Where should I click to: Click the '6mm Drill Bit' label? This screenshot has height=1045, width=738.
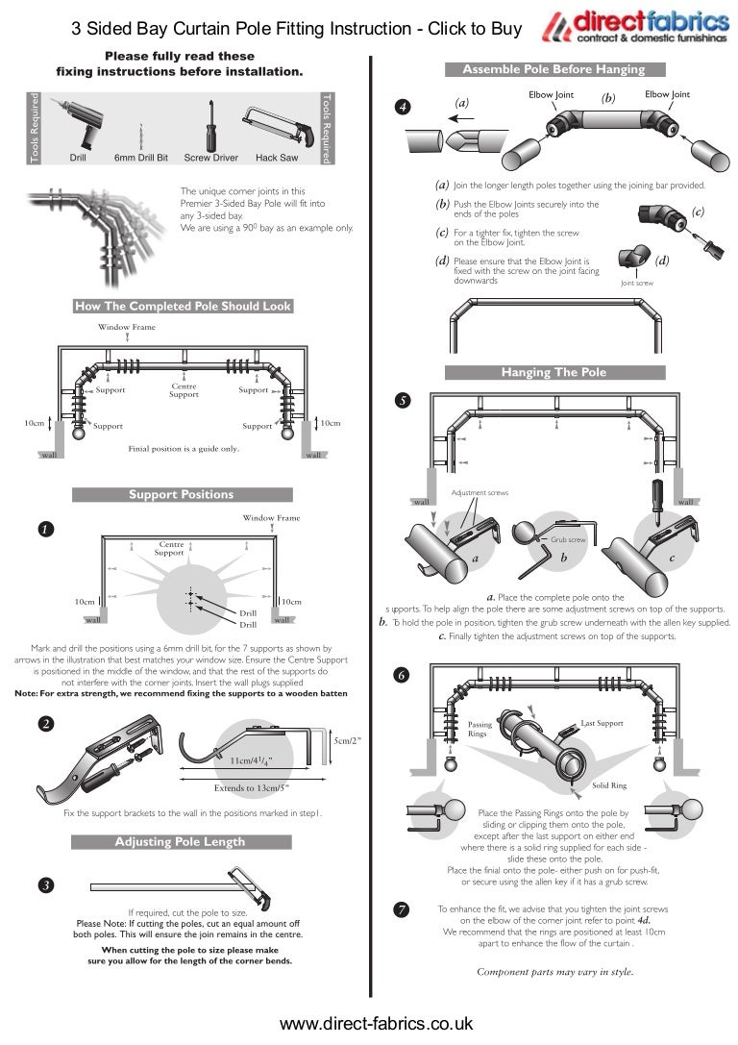[x=141, y=157]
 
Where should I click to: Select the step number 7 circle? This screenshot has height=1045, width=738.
[x=403, y=908]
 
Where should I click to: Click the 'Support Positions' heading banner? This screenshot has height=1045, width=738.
[x=182, y=494]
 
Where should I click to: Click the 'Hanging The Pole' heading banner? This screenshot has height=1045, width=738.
[x=553, y=372]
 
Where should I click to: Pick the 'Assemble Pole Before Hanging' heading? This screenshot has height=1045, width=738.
[x=553, y=69]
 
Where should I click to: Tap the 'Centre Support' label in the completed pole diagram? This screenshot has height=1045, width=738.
[x=184, y=390]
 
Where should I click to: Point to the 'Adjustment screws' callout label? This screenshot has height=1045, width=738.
[x=480, y=493]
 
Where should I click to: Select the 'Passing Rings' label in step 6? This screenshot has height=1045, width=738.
[x=479, y=729]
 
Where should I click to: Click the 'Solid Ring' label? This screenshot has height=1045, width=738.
[x=608, y=785]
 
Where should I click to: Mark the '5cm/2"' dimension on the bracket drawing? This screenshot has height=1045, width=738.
[x=346, y=740]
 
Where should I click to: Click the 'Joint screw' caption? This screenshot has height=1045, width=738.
[x=636, y=284]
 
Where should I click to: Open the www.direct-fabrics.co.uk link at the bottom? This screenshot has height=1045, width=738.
[x=376, y=1024]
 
